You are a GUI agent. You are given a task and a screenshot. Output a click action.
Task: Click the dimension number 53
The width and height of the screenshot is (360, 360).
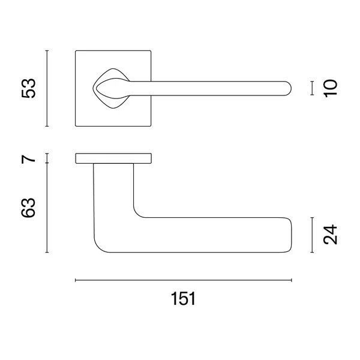coord(29,88)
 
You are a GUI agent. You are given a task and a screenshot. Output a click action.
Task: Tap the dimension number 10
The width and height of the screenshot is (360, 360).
coord(330,88)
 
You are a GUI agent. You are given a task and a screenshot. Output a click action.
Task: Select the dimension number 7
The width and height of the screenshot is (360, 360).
coord(29,158)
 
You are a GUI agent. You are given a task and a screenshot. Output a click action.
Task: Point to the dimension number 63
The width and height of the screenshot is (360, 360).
coord(29,208)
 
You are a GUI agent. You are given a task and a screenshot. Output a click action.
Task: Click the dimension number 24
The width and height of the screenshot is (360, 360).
coord(330,235)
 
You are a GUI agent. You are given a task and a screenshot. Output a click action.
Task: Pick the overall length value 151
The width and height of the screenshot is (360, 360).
coord(183,298)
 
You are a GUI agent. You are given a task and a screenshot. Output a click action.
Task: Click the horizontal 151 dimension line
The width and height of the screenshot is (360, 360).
coord(184,280)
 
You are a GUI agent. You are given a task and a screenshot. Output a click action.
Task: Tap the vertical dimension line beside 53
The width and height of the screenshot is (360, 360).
coord(47,88)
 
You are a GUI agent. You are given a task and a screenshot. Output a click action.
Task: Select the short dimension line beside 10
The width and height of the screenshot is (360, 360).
coord(312,88)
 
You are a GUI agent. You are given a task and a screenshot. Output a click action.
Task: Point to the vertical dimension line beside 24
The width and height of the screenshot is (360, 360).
coord(312,235)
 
